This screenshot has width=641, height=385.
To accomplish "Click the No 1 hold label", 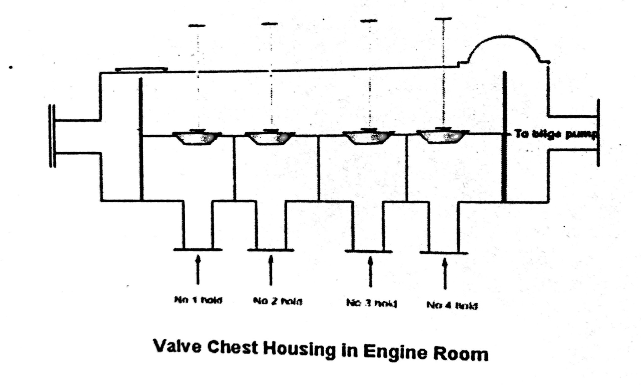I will coord(198,300).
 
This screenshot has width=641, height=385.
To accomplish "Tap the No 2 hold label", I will coord(277,302).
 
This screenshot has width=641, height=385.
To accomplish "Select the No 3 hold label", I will coord(372,303).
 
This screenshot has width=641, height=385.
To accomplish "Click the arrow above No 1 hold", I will coord(197,269).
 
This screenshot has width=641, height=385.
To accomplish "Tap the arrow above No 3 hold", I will coord(371,271).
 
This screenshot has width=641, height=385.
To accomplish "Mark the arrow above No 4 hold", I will coord(445,273).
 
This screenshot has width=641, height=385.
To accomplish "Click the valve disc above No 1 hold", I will coord(197,138).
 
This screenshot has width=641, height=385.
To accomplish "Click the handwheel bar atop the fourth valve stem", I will coord(443,19).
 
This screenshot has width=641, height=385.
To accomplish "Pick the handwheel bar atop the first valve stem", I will coord(197,26).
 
